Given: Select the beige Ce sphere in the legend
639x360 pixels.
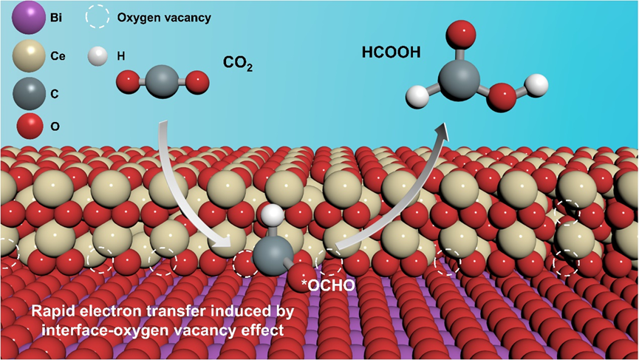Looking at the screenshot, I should [28, 56].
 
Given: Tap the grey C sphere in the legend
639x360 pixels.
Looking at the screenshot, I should [28, 93].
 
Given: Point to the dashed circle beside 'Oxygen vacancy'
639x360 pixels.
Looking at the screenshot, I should [98, 17].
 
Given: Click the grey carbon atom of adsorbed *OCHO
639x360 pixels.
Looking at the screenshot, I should [269, 254].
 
